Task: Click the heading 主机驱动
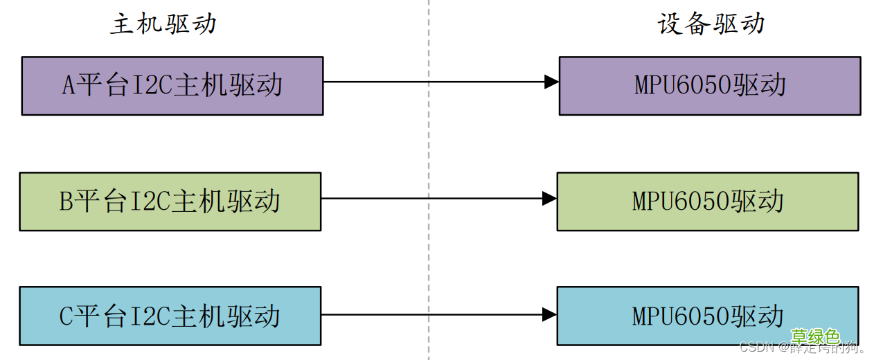click(163, 24)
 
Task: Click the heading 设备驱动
click(711, 24)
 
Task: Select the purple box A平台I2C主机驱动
click(172, 86)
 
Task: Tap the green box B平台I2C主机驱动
click(170, 201)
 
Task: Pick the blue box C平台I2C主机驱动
click(170, 316)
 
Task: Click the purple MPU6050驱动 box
click(710, 86)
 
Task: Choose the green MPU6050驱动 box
click(708, 201)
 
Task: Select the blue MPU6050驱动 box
click(708, 316)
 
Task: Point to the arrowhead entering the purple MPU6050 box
click(551, 82)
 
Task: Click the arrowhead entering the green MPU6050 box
click(549, 199)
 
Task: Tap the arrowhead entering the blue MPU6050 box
click(549, 315)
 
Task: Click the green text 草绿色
click(815, 337)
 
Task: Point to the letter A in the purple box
click(68, 86)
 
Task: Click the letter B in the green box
click(66, 201)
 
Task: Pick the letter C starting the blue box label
click(66, 316)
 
